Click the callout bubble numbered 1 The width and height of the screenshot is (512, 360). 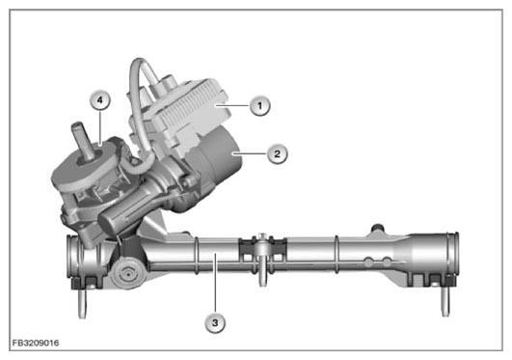260,105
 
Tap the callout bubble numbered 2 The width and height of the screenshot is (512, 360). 278,153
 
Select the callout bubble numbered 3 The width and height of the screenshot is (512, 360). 215,323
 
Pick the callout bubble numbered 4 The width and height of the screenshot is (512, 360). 100,100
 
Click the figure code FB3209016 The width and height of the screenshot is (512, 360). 36,343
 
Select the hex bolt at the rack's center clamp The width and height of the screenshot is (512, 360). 262,238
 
